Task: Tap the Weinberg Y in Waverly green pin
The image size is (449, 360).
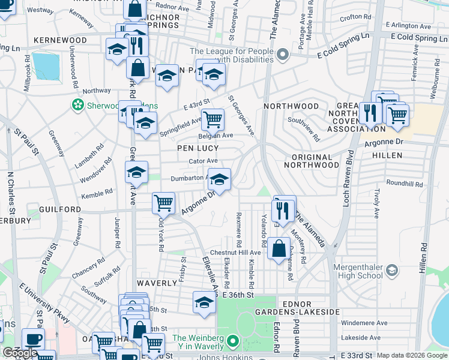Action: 233,343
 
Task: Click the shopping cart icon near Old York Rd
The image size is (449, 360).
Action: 163,203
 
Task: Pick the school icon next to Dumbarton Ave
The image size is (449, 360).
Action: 219,179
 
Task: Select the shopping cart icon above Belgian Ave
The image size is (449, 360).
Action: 212,119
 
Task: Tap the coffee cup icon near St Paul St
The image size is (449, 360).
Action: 33,339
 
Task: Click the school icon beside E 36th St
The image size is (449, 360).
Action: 204,302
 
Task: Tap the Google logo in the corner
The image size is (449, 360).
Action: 20,353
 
